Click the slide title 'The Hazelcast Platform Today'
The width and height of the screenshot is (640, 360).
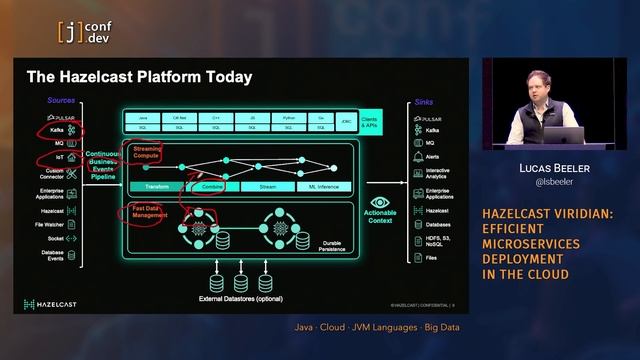pyautogui.click(x=139, y=77)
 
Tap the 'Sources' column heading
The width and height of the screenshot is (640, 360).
pyautogui.click(x=61, y=100)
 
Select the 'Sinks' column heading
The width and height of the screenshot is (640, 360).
pyautogui.click(x=425, y=101)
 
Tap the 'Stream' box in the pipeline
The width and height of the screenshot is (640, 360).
pyautogui.click(x=267, y=186)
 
